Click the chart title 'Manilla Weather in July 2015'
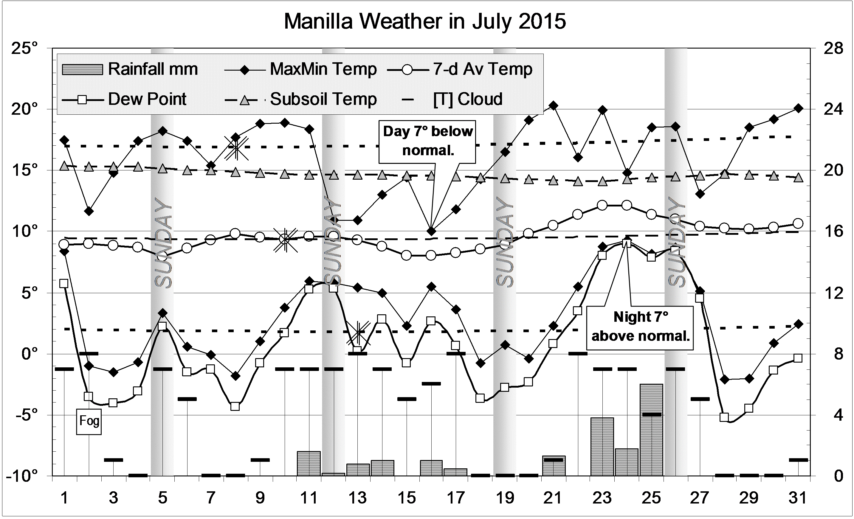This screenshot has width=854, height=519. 425,21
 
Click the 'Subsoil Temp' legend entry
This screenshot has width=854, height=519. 323,100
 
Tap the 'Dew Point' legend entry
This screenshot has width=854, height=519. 147,100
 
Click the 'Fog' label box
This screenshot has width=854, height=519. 89,421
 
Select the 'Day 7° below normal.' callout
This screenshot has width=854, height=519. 427,141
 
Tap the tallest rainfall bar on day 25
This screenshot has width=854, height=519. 651,430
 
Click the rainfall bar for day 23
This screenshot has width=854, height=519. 602,447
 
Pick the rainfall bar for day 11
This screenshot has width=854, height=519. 309,464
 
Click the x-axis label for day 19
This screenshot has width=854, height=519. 505,498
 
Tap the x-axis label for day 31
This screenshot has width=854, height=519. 798,498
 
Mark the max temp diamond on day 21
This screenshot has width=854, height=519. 554,105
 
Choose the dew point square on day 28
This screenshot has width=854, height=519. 724,417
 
